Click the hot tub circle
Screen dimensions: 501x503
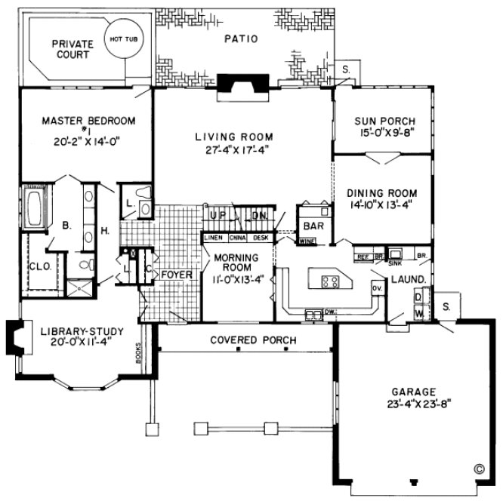point(122,43)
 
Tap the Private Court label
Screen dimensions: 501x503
point(70,50)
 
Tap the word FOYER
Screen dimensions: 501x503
point(177,275)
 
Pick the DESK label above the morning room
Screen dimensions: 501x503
point(261,238)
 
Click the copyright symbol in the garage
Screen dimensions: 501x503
point(479,468)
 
